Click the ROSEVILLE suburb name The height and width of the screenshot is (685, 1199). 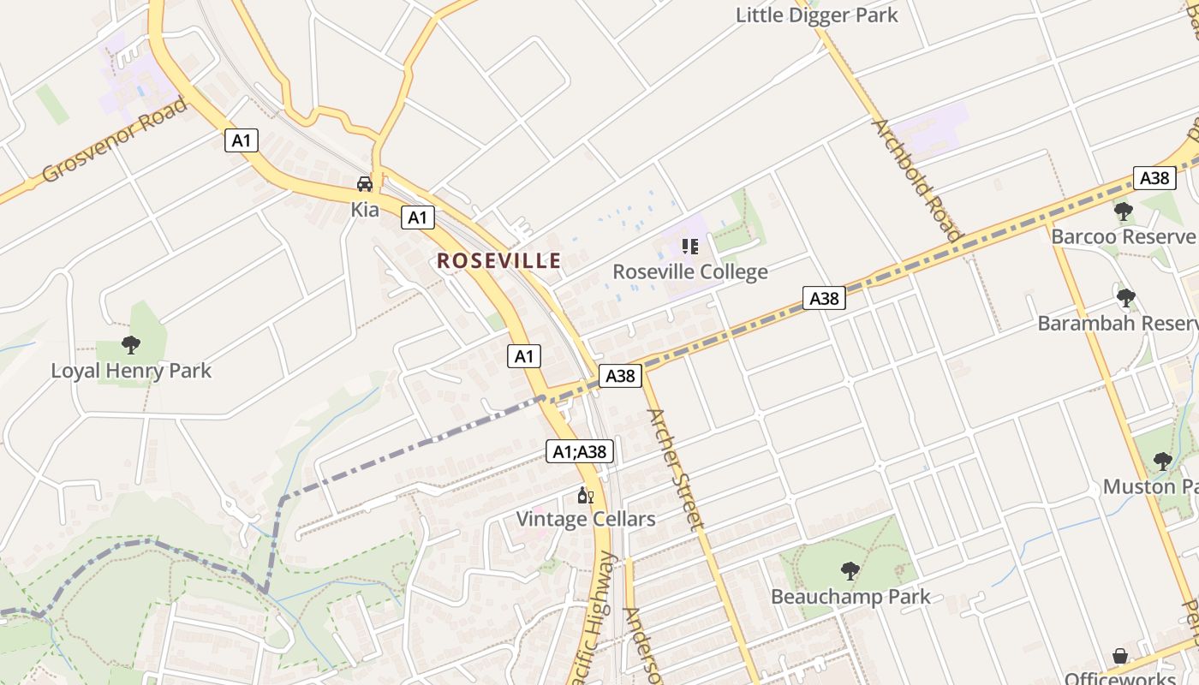pyautogui.click(x=499, y=261)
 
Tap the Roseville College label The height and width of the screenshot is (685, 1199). pyautogui.click(x=690, y=272)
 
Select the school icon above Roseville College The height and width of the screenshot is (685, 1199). pyautogui.click(x=690, y=247)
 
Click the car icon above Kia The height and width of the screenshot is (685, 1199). pyautogui.click(x=365, y=184)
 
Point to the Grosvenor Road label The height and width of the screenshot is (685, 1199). pyautogui.click(x=114, y=140)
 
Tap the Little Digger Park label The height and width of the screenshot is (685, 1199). pyautogui.click(x=817, y=15)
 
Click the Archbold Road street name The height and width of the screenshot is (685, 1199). pyautogui.click(x=917, y=179)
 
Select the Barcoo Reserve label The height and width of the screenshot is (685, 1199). pyautogui.click(x=1122, y=236)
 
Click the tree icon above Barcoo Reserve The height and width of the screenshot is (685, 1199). pyautogui.click(x=1124, y=211)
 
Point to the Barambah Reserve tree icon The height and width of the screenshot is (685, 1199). pyautogui.click(x=1126, y=298)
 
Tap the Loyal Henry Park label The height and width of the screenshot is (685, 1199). pyautogui.click(x=131, y=371)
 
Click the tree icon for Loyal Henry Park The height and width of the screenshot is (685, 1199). pyautogui.click(x=131, y=345)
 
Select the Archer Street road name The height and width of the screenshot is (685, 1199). pyautogui.click(x=676, y=468)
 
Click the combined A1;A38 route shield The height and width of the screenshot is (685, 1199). pyautogui.click(x=580, y=451)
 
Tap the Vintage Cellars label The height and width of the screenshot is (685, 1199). pyautogui.click(x=586, y=519)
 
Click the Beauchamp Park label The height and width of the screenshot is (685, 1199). pyautogui.click(x=850, y=597)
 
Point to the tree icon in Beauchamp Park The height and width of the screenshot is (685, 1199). pyautogui.click(x=850, y=571)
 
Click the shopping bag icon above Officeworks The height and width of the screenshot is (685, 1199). pyautogui.click(x=1120, y=657)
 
